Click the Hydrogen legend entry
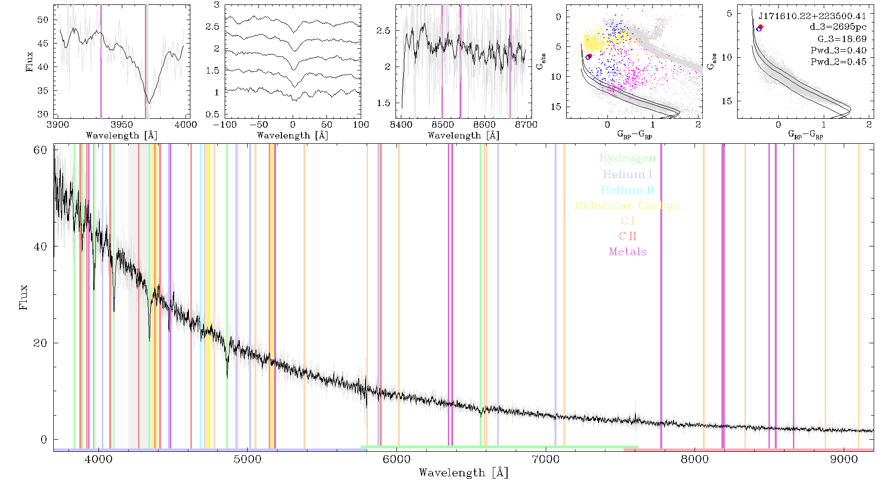[x=627, y=158]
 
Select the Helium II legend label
[x=627, y=190]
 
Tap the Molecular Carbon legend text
[x=627, y=205]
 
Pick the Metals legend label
[x=627, y=252]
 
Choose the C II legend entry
[x=627, y=236]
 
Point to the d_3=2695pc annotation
[x=837, y=27]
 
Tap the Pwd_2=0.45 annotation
[x=838, y=62]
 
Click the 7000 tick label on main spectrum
[x=545, y=459]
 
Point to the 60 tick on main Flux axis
[x=40, y=150]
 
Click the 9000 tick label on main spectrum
[x=843, y=459]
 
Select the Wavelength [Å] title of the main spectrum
[x=464, y=473]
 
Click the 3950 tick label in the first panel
[x=122, y=124]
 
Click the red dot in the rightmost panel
[x=761, y=26]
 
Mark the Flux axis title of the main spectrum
[x=23, y=297]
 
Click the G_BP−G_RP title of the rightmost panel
[x=806, y=134]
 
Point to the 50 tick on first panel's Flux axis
[x=43, y=20]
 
